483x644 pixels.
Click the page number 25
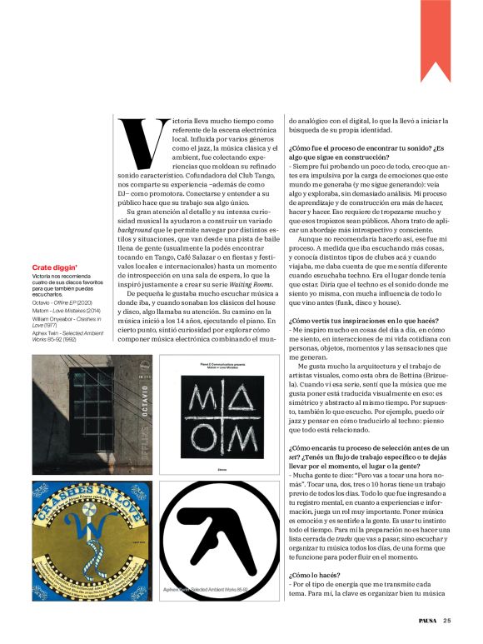(x=447, y=619)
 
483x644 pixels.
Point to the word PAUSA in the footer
(x=426, y=619)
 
